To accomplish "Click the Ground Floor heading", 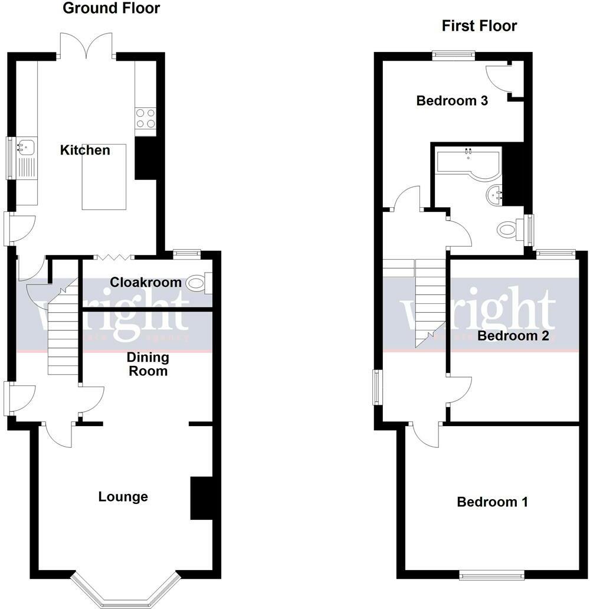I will click(x=111, y=8).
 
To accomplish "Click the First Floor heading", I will click(x=479, y=26).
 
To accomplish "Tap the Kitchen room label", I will click(x=85, y=150).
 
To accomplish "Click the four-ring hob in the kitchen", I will click(x=145, y=119).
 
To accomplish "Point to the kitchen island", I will click(x=104, y=176).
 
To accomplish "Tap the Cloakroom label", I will click(x=146, y=283).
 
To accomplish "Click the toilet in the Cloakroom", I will click(x=196, y=284).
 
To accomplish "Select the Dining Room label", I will click(x=148, y=364).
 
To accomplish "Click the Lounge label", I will click(x=123, y=497).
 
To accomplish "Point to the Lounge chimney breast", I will click(x=201, y=498).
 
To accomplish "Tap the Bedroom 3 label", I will click(x=452, y=101).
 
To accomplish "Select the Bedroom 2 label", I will click(x=513, y=336).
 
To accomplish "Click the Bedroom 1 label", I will click(x=492, y=502).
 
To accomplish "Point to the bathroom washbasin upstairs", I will click(x=494, y=193).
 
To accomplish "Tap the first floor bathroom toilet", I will click(x=509, y=229).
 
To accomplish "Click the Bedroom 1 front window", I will click(x=492, y=574).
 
